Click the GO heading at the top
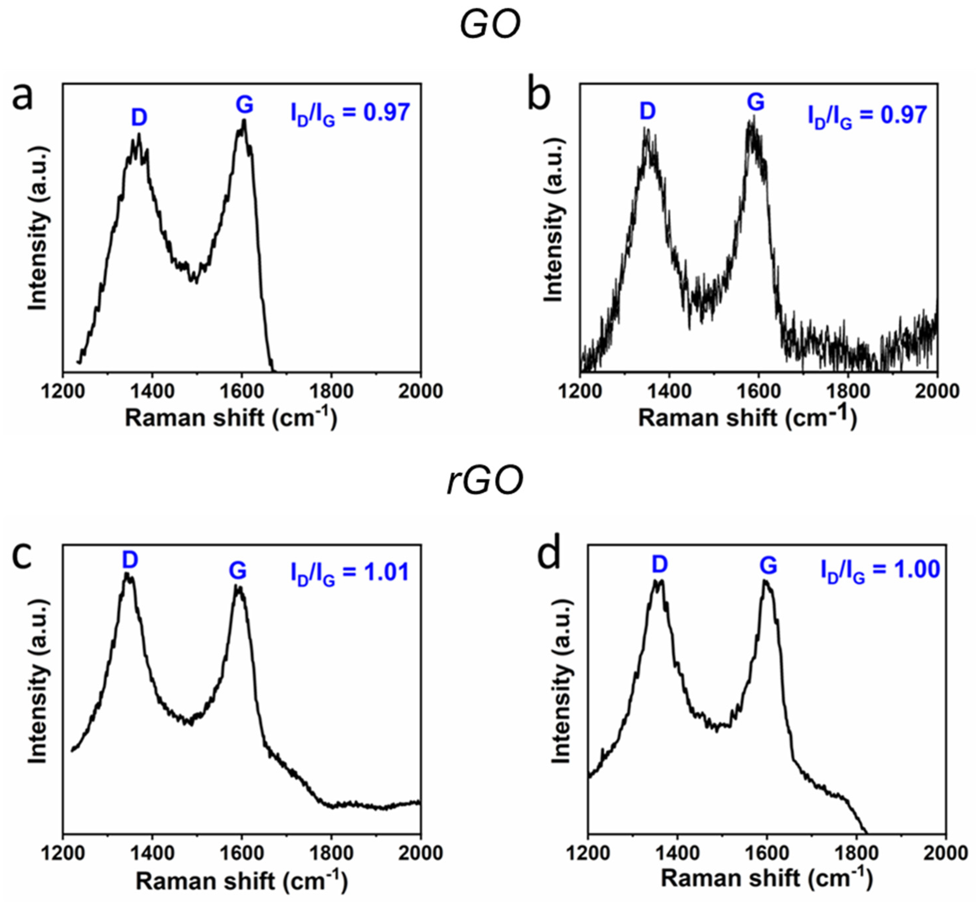coord(490,25)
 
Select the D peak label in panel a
coord(139,117)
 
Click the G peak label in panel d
coord(768,566)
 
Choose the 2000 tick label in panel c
coord(421,853)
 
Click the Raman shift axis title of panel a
coord(231,418)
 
